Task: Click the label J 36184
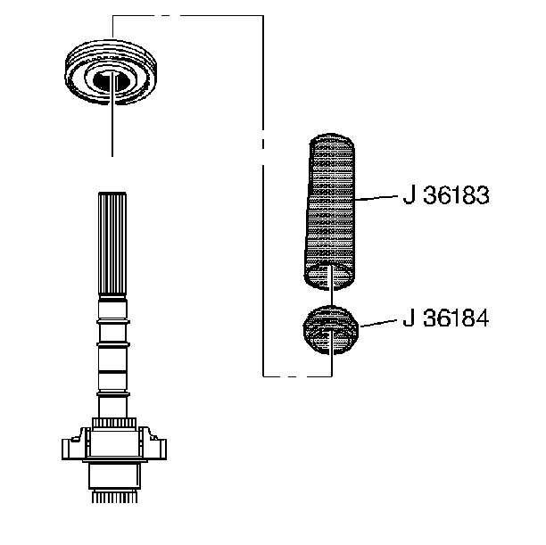[x=445, y=318]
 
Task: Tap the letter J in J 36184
[x=408, y=318]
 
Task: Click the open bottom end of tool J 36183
[x=330, y=277]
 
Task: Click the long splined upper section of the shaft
[x=112, y=245]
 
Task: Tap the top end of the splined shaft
[x=112, y=194]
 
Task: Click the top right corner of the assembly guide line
[x=261, y=15]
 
